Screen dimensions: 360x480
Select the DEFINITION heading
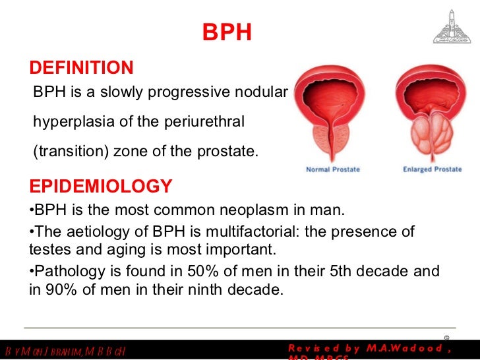(x=82, y=68)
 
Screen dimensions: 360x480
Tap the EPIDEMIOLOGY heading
(x=101, y=187)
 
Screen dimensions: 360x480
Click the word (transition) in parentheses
(x=71, y=152)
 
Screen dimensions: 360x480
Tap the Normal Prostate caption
(x=333, y=169)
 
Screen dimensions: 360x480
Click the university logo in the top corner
(x=452, y=26)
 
